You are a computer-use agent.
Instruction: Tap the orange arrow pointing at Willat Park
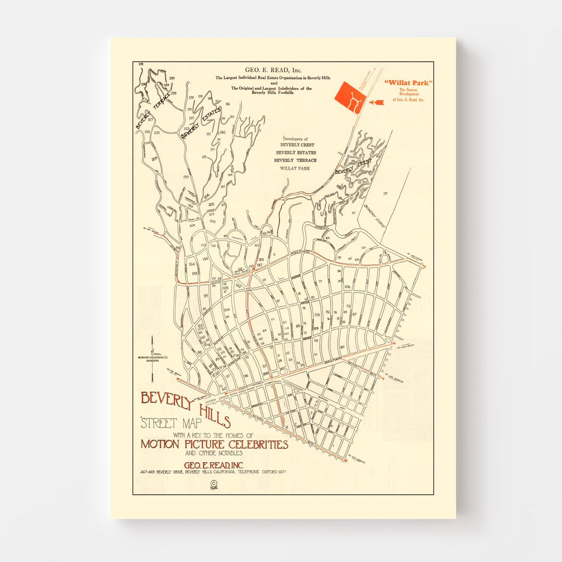376,102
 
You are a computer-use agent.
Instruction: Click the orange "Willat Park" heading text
408,83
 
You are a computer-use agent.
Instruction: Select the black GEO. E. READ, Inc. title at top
273,70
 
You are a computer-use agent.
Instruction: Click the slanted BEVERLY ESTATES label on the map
201,123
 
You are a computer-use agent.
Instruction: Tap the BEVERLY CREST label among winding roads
353,167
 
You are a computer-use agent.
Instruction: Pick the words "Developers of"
295,139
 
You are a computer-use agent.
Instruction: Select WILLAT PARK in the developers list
295,168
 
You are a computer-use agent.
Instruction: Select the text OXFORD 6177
274,472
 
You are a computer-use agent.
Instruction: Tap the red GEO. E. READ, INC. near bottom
214,465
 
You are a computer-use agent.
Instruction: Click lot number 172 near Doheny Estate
385,193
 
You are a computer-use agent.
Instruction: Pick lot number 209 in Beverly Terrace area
154,159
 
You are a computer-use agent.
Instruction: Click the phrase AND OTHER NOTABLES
214,453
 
